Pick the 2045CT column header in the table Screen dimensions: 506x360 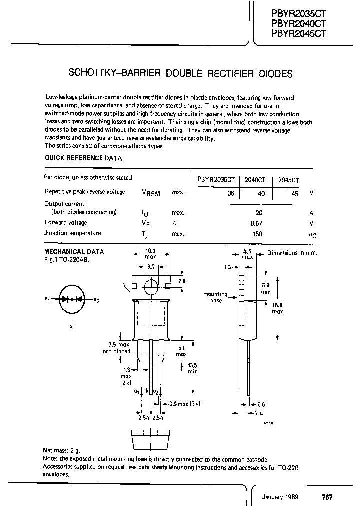pyautogui.click(x=288, y=180)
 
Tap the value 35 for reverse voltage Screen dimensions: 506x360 pyautogui.click(x=231, y=193)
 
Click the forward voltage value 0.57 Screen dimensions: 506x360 pyautogui.click(x=256, y=223)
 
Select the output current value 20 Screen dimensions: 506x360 pyautogui.click(x=259, y=213)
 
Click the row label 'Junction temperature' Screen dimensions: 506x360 pyautogui.click(x=72, y=233)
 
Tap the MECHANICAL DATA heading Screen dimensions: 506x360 pyautogui.click(x=74, y=252)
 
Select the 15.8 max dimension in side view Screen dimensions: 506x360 pyautogui.click(x=277, y=307)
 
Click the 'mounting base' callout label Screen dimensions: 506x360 pyautogui.click(x=215, y=297)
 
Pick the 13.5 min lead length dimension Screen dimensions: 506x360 pyautogui.click(x=192, y=368)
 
